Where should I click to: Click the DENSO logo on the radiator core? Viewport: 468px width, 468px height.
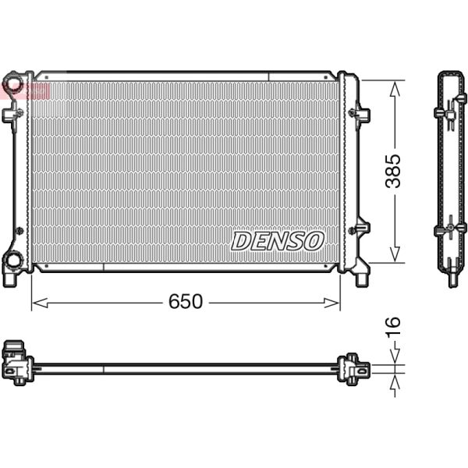coord(277,241)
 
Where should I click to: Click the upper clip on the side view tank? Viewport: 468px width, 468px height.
coord(450,114)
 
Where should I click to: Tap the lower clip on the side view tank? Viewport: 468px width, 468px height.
coord(450,231)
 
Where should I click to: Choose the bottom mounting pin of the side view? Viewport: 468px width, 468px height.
coord(450,275)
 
